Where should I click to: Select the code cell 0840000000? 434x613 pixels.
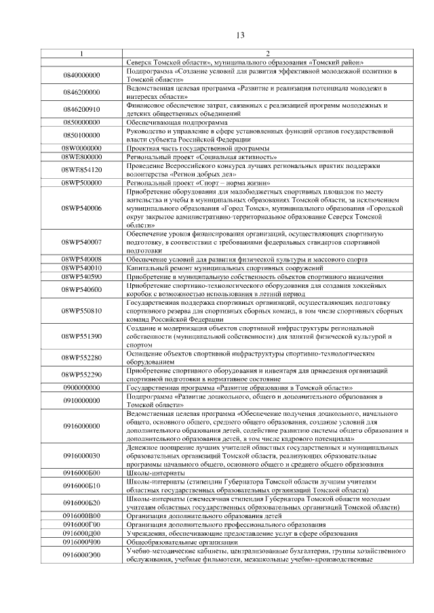81,75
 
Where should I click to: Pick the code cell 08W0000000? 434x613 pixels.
81,148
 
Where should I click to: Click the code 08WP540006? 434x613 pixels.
81,208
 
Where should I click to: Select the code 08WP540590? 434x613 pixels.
81,276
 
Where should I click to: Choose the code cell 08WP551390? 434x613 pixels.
81,336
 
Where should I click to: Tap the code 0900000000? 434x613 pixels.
81,387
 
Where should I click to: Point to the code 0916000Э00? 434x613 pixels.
81,555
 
